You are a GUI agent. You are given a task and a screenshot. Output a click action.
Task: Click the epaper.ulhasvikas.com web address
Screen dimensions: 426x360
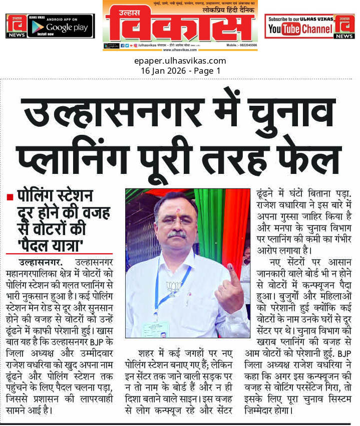180,61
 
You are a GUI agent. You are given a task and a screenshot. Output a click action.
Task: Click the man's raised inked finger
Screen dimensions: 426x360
231,275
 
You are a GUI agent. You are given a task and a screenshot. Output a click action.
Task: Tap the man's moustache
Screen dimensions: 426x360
176,234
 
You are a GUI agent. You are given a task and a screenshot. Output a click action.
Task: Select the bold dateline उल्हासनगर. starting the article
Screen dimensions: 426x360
40,262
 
